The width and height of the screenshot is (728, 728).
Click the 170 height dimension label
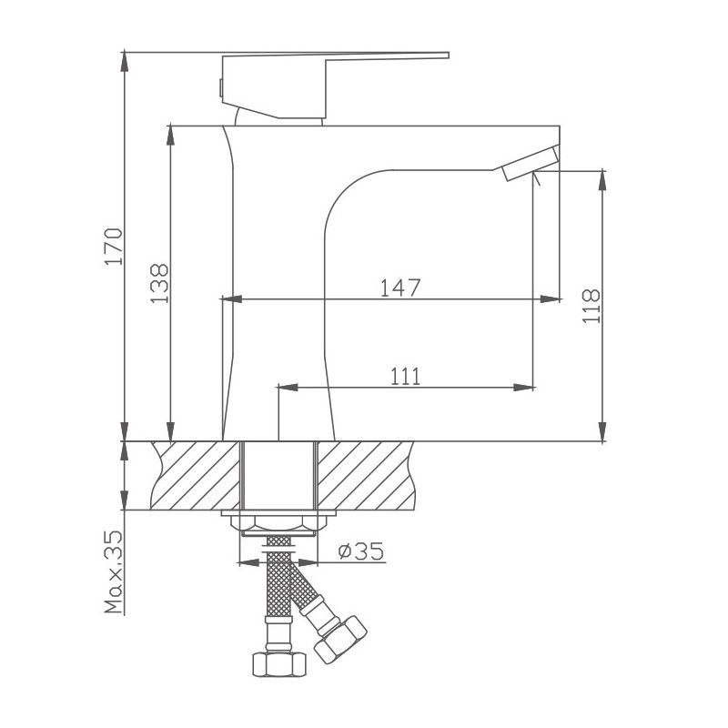(112, 246)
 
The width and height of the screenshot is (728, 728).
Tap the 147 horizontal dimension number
(400, 288)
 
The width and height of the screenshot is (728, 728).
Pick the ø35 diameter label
(359, 551)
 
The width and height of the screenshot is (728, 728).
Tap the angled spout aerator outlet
(528, 162)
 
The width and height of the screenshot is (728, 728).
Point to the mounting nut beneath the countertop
(278, 523)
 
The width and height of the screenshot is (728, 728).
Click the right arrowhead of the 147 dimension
(551, 298)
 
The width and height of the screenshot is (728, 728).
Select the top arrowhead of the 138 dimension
(168, 133)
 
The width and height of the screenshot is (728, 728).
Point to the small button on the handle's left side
(221, 87)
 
